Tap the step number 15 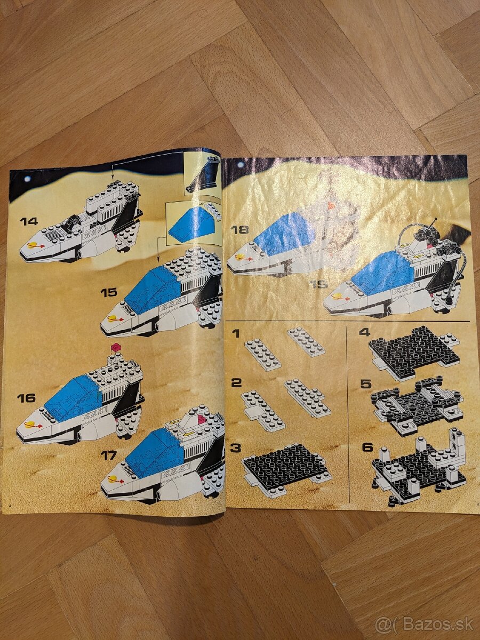tap(108, 292)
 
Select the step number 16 tap(26, 398)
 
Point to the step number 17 tap(108, 455)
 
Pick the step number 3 tap(236, 447)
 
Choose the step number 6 tap(367, 447)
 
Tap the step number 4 tap(365, 332)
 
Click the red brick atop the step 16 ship tap(115, 348)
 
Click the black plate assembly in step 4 tap(413, 352)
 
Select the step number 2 tap(236, 382)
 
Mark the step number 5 tap(365, 383)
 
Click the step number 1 tap(236, 334)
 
